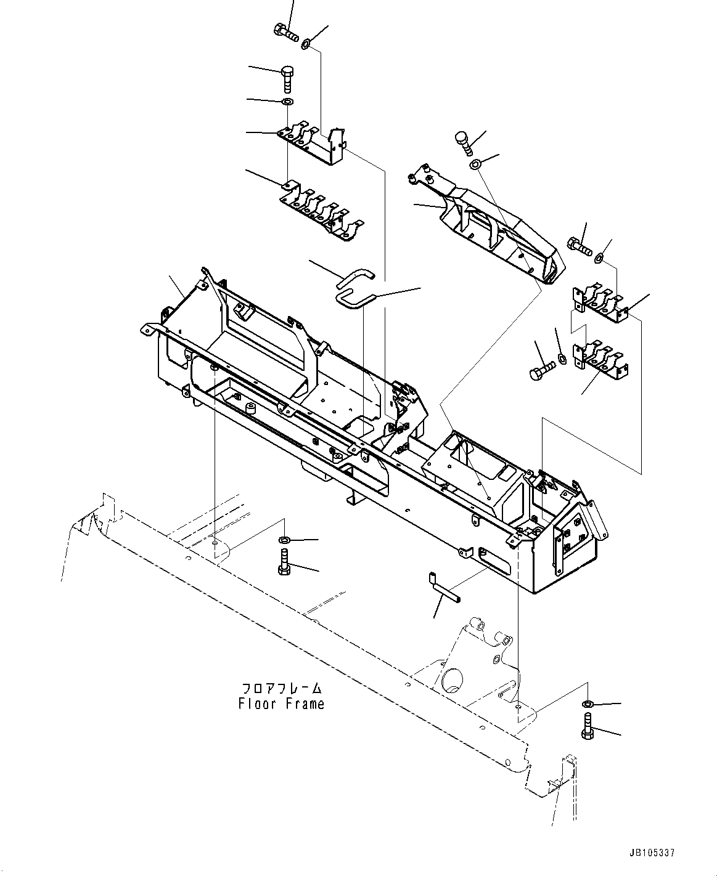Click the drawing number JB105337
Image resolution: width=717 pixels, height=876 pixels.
point(652,853)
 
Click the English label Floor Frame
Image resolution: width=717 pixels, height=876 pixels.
point(281,704)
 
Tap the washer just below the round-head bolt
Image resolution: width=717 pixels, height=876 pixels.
point(475,164)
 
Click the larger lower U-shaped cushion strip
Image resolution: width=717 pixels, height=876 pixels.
point(355,299)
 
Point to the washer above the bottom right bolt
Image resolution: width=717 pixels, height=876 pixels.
point(588,704)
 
